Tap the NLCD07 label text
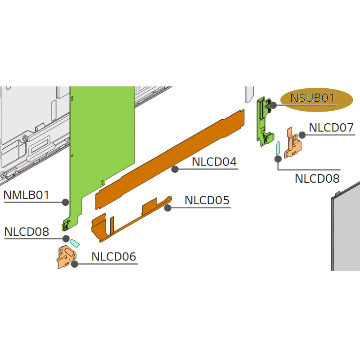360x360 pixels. pos(331,128)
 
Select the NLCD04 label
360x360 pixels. pos(214,162)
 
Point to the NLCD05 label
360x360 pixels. pos(207,200)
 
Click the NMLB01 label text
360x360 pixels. pos(26,195)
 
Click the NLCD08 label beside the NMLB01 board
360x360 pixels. pos(27,232)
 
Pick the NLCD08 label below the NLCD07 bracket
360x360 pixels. pos(317,178)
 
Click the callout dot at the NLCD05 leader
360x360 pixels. pos(168,208)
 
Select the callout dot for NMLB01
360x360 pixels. pos(65,202)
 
